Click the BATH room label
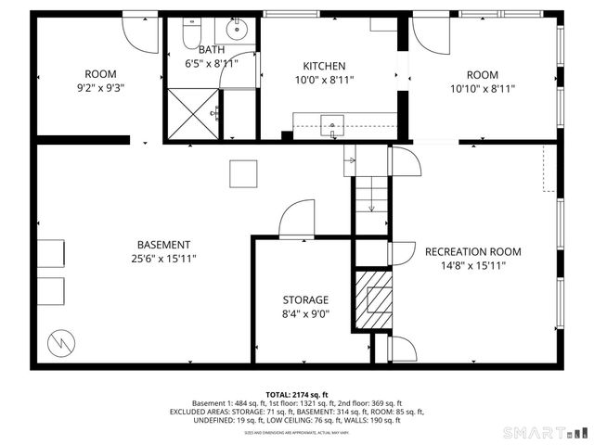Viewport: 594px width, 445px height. [212, 49]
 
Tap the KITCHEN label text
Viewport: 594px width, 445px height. [325, 66]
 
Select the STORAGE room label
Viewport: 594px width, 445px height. [305, 299]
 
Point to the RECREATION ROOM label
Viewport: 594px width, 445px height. [472, 251]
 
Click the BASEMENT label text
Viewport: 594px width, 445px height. [162, 245]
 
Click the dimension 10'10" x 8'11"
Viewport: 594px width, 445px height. [482, 89]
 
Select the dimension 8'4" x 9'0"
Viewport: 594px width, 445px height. [305, 314]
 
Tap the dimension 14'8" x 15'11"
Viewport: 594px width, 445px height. [472, 266]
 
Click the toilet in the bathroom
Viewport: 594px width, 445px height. [190, 33]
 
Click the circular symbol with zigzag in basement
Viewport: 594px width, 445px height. [59, 341]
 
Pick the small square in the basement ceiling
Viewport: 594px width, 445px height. [243, 173]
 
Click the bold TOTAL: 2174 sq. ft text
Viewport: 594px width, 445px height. [297, 395]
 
